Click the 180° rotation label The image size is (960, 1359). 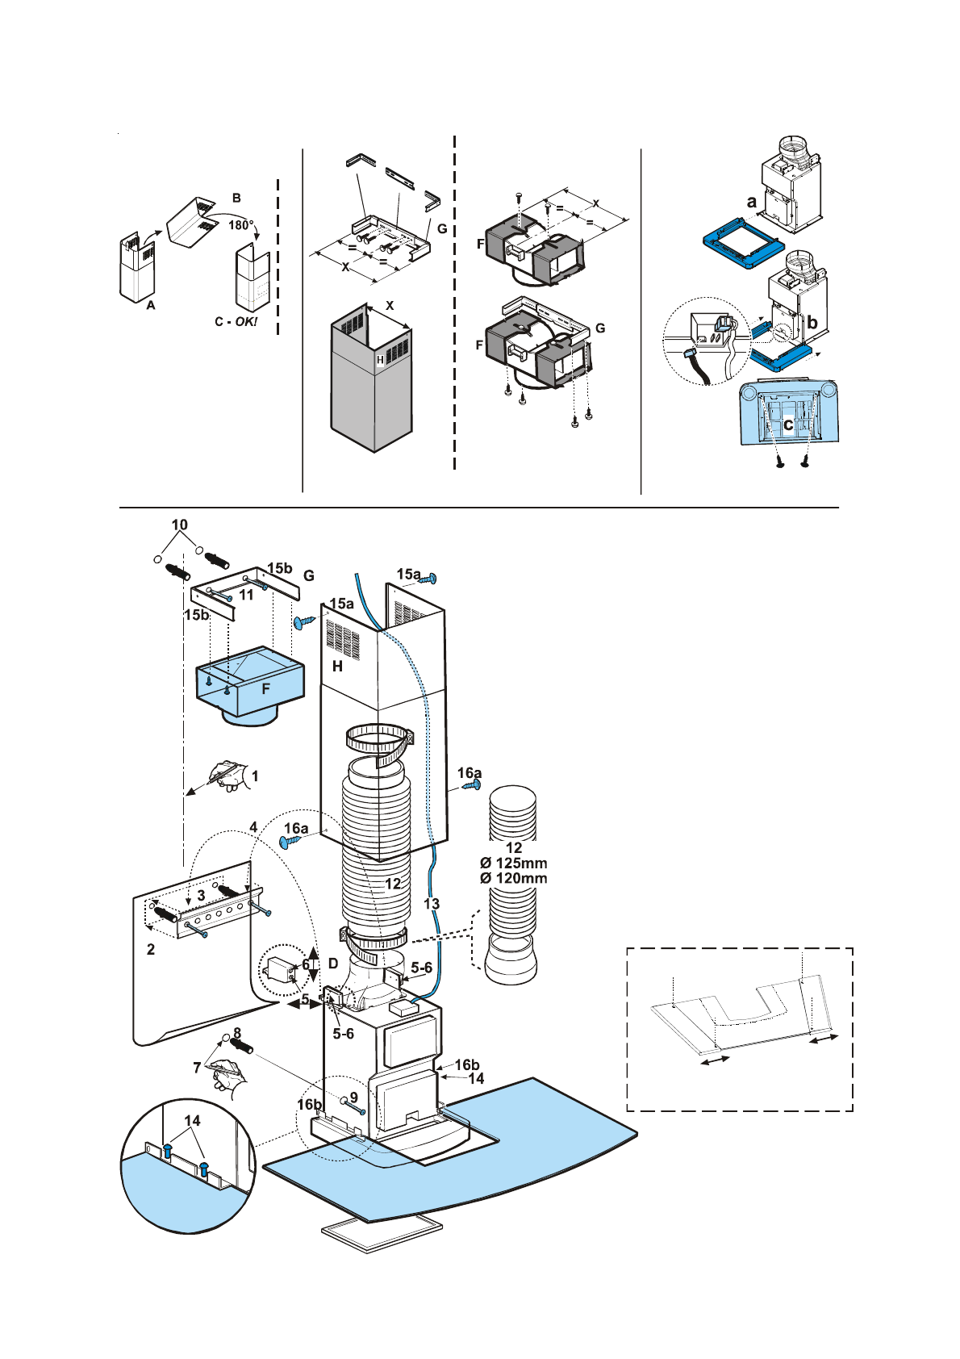(x=240, y=225)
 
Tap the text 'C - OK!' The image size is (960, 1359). (x=236, y=322)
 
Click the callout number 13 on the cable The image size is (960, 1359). (x=432, y=904)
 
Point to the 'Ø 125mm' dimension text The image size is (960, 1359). (x=513, y=863)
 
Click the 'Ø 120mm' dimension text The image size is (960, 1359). (x=513, y=878)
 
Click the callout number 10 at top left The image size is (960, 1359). (x=179, y=525)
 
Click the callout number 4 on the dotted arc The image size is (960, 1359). (x=253, y=828)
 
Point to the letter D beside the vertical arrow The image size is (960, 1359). (x=332, y=964)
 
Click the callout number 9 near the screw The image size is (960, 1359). (x=353, y=1098)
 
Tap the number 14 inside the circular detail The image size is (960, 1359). (x=192, y=1121)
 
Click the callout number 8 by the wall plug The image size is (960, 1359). (x=237, y=1033)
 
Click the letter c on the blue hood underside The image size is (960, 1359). (x=787, y=424)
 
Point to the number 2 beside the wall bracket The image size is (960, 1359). (x=151, y=950)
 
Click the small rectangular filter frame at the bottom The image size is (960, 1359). (x=382, y=1234)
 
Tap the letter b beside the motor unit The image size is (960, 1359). (x=812, y=322)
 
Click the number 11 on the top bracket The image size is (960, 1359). (x=247, y=596)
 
